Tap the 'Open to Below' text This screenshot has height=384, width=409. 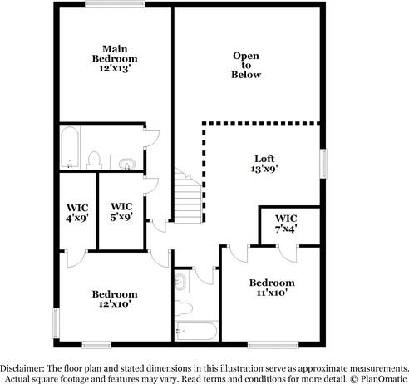(246, 65)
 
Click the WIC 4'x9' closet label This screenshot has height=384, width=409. (77, 213)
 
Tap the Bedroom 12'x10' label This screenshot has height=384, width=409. (115, 299)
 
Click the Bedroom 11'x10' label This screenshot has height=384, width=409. (272, 288)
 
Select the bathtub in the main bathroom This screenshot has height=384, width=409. (71, 146)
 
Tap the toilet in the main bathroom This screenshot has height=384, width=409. (94, 159)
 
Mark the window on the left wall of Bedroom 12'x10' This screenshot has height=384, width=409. (56, 319)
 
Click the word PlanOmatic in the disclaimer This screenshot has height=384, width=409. (382, 377)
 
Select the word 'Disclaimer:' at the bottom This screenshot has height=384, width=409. (23, 367)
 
